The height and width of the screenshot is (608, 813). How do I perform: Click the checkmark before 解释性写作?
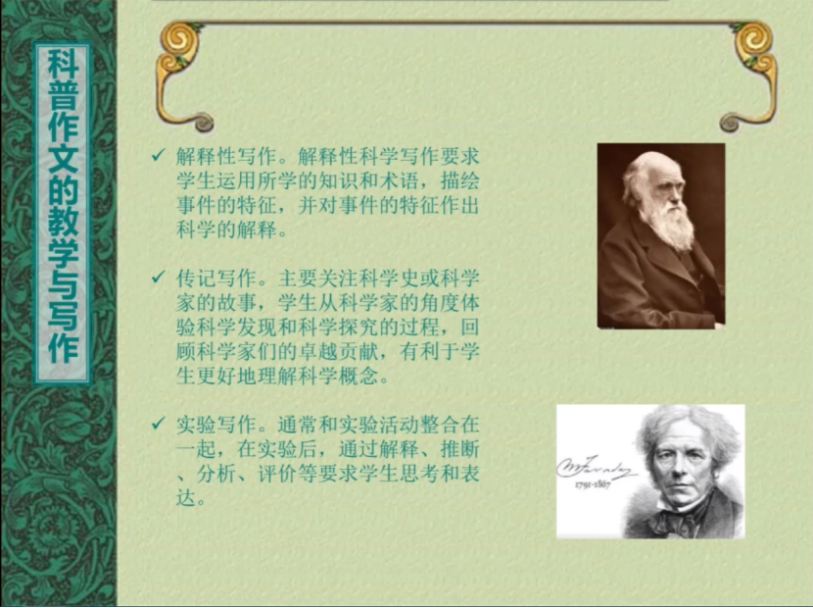click(x=158, y=155)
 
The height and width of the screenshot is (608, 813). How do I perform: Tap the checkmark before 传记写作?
click(x=158, y=278)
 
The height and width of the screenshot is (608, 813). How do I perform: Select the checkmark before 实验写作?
click(x=158, y=424)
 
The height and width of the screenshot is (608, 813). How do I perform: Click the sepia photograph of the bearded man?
click(x=661, y=236)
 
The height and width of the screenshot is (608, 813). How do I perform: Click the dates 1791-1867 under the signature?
click(x=593, y=484)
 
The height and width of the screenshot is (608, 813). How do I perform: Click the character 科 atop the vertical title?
click(x=63, y=64)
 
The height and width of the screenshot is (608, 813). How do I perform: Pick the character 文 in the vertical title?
click(x=63, y=159)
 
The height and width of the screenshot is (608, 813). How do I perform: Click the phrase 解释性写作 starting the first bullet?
click(x=226, y=156)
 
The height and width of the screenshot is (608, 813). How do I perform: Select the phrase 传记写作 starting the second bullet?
click(x=216, y=279)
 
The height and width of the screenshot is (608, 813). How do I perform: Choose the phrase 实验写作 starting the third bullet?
click(x=216, y=425)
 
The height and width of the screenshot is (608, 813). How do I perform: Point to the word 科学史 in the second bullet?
click(x=389, y=279)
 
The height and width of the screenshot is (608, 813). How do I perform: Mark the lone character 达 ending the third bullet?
click(x=186, y=498)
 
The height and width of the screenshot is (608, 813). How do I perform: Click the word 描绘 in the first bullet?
click(x=460, y=180)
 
